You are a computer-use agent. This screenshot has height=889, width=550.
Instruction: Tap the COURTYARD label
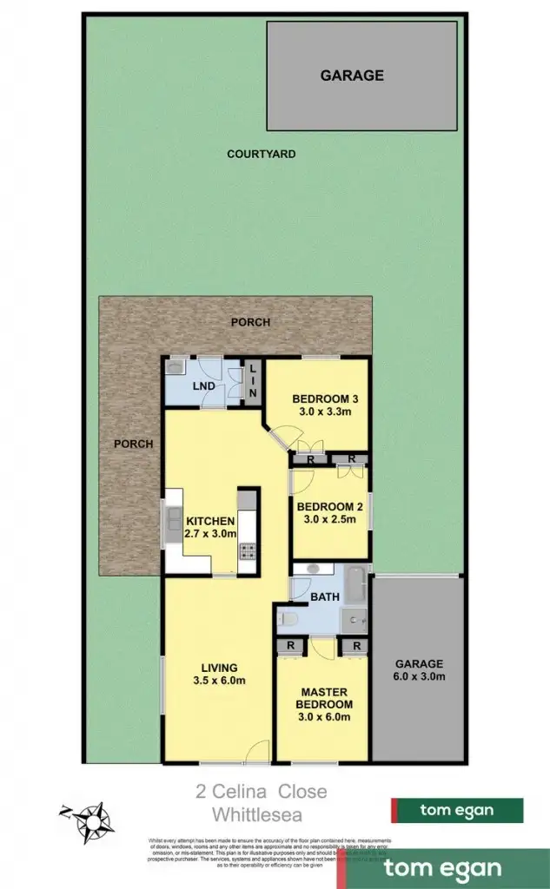(x=262, y=155)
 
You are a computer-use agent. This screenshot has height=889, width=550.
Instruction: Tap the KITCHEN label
(x=210, y=521)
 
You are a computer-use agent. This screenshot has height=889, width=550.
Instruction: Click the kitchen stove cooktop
(x=247, y=550)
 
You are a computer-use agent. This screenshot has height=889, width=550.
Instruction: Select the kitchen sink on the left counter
(x=170, y=524)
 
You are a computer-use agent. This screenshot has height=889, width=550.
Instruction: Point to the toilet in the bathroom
(x=289, y=619)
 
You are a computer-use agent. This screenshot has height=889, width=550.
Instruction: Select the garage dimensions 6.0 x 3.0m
(x=419, y=675)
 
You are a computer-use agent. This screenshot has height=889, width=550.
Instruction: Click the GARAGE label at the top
(x=352, y=76)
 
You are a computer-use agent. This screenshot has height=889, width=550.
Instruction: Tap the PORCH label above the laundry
(x=250, y=322)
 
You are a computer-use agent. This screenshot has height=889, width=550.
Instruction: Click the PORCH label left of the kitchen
(x=134, y=444)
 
